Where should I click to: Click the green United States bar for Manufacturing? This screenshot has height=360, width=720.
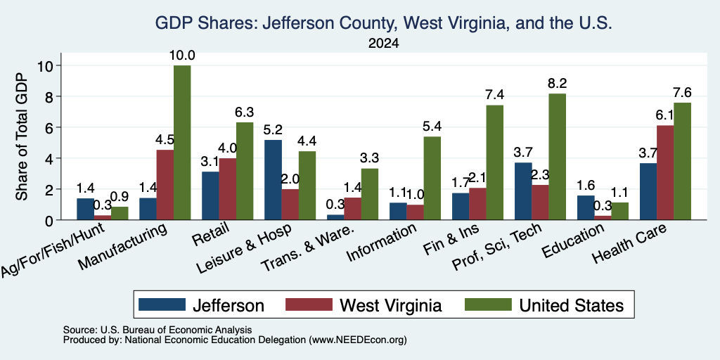(182, 143)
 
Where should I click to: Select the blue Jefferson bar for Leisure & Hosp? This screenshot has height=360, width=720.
(274, 180)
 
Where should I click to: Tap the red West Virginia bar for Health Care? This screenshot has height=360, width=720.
(665, 173)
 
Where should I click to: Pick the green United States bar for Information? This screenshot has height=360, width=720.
(432, 178)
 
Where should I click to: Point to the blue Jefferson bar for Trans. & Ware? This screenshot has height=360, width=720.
(335, 217)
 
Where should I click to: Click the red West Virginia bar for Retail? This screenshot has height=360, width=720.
(228, 189)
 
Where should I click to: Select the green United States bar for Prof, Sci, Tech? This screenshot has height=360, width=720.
(557, 157)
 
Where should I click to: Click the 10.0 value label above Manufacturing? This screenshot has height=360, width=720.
(183, 56)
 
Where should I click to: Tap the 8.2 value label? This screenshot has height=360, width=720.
(558, 84)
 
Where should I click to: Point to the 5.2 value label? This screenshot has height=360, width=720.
(274, 130)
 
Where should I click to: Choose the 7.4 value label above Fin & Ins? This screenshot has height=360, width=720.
(495, 95)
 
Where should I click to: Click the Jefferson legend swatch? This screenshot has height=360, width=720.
(162, 304)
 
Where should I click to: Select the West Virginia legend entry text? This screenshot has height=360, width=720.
(390, 305)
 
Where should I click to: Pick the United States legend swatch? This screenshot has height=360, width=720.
(488, 304)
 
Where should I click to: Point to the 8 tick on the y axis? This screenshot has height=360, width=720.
(58, 96)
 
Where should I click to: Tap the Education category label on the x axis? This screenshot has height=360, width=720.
(574, 240)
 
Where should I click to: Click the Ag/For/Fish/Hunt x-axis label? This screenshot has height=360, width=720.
(53, 250)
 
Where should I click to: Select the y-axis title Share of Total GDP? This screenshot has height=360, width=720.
(22, 136)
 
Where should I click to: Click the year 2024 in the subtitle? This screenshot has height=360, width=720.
(383, 44)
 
